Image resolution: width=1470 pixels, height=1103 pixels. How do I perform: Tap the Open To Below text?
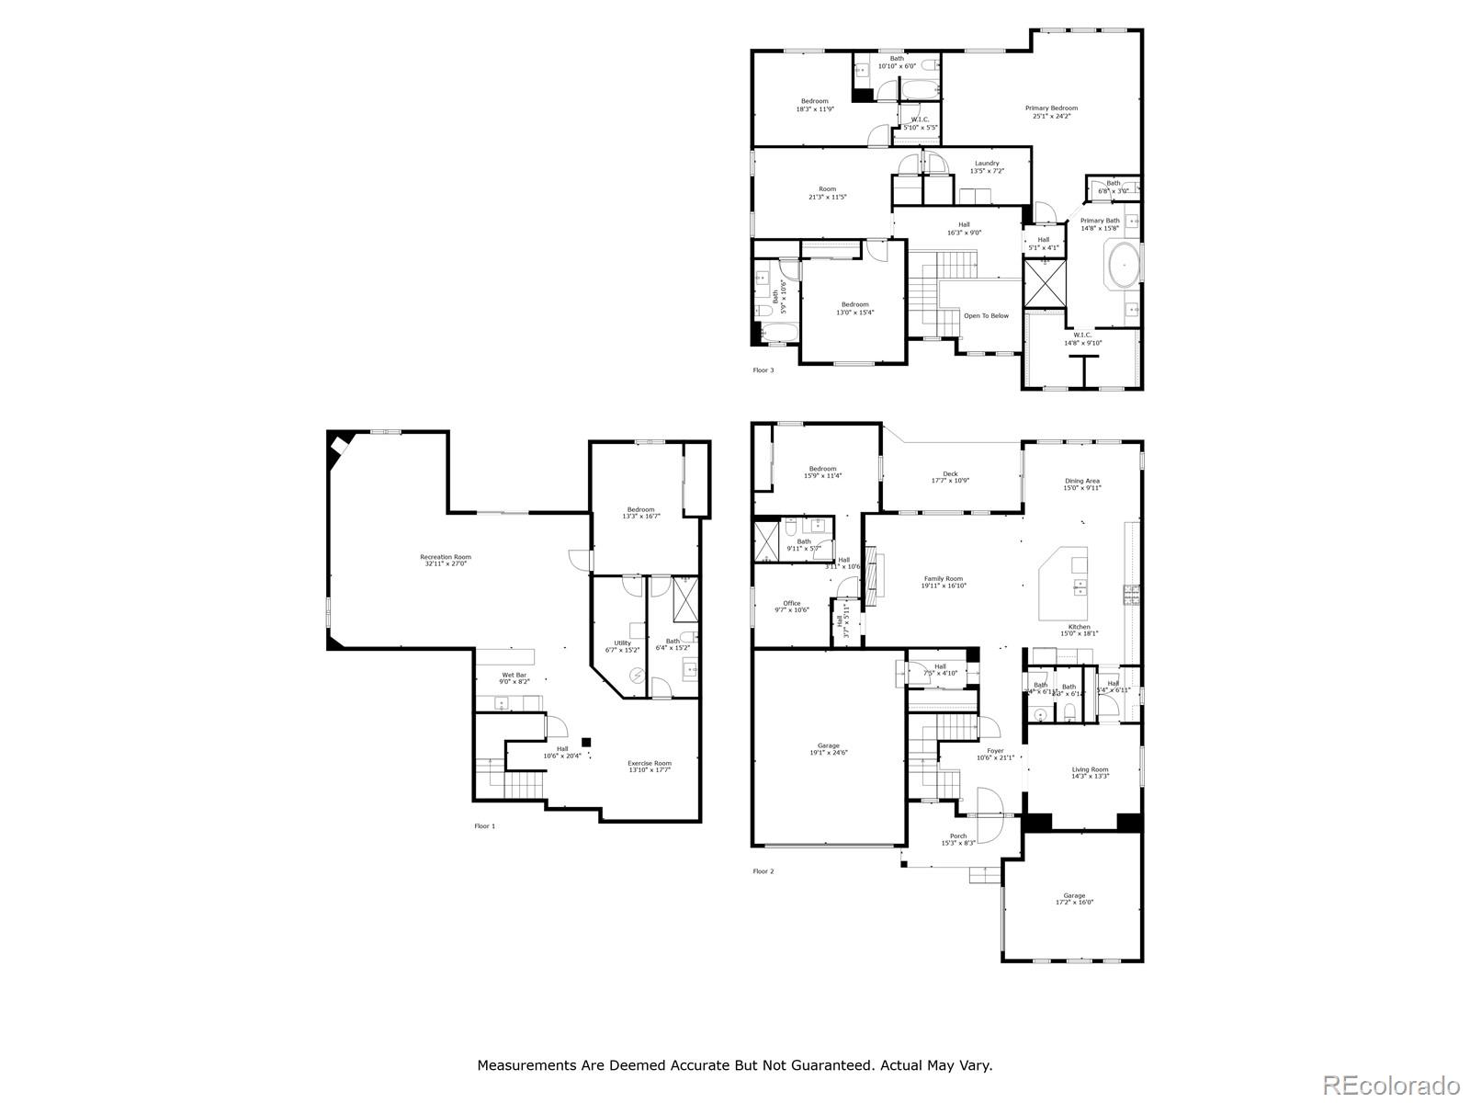click(985, 316)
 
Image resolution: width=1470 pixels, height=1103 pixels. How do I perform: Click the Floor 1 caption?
click(484, 826)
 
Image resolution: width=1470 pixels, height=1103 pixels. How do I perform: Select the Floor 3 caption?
click(763, 370)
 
